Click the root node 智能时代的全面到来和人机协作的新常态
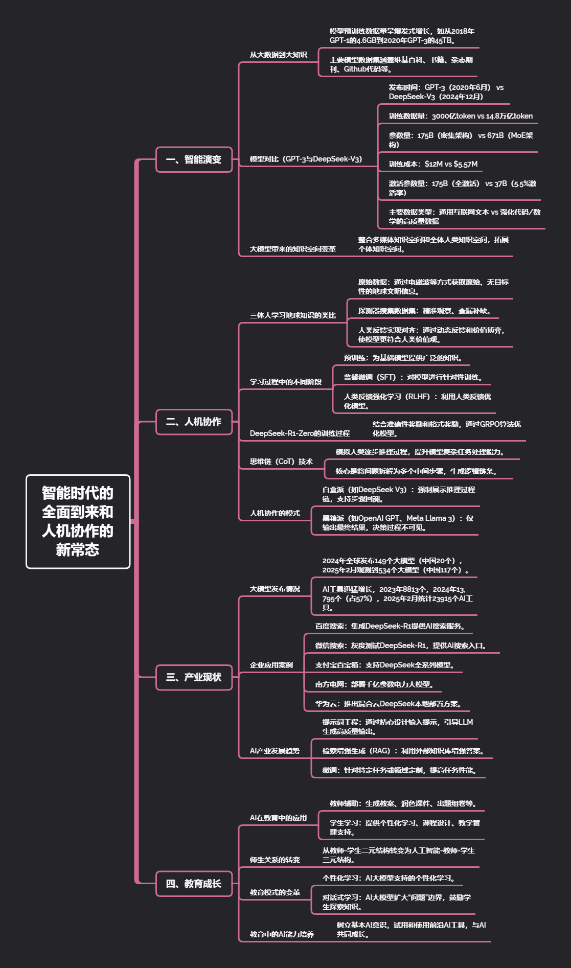pos(78,521)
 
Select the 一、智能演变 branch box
pos(194,159)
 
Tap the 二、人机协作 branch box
pos(194,422)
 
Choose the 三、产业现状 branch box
pos(194,677)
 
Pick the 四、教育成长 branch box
pos(194,884)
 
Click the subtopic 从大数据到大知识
pos(278,55)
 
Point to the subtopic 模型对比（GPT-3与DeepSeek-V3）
pos(306,159)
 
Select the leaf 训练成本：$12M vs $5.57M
pos(433,164)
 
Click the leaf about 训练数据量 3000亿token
pos(460,116)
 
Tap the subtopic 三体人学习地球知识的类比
pos(292,315)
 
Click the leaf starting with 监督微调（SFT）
pos(413,377)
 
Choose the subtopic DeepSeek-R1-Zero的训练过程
pos(300,433)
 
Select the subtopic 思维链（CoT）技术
pos(281,462)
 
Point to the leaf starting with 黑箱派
pos(398,523)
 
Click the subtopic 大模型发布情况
pos(275,589)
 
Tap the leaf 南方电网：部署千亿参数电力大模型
pos(375,684)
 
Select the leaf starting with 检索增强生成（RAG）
pos(403,751)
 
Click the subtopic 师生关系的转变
pos(275,860)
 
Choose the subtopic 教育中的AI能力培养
pos(282,934)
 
